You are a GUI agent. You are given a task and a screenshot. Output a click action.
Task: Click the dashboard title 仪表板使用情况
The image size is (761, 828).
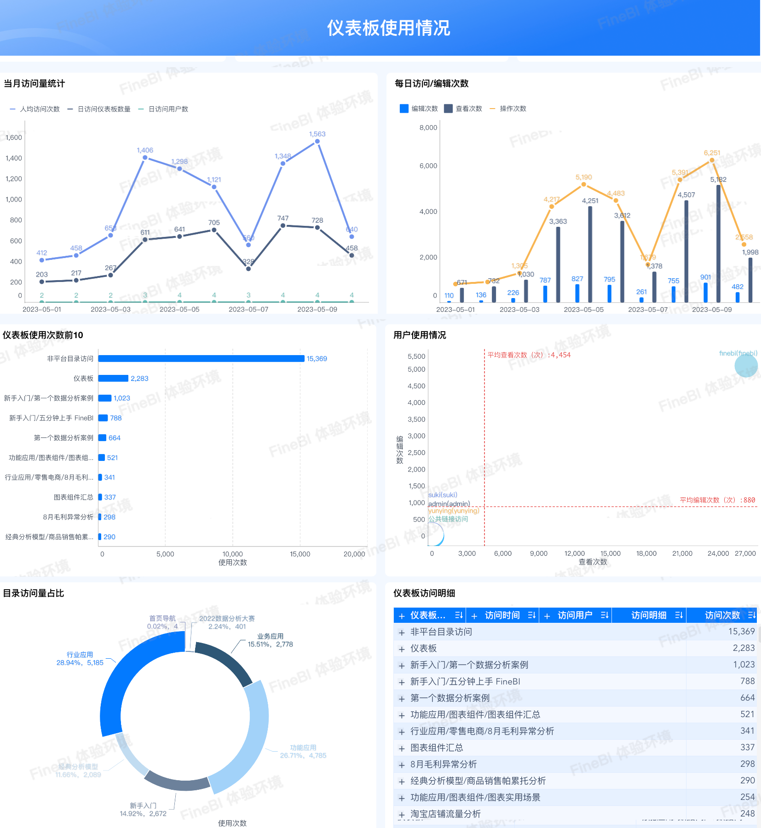(388, 28)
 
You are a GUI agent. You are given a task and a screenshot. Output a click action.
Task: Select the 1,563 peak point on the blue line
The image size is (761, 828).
(317, 142)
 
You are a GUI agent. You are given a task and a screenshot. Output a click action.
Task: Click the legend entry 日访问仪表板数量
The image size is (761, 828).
(104, 109)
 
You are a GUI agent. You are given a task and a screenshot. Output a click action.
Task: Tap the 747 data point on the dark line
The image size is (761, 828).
(283, 225)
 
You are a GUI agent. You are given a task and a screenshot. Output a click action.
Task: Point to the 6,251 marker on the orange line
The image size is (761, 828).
(712, 161)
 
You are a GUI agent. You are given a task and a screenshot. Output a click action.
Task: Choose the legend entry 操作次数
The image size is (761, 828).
(513, 109)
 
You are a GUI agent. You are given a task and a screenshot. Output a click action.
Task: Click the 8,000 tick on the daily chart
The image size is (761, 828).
(428, 127)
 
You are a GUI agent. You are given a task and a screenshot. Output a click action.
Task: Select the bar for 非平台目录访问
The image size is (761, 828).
(201, 358)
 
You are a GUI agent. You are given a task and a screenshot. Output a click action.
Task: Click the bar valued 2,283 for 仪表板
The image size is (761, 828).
(113, 378)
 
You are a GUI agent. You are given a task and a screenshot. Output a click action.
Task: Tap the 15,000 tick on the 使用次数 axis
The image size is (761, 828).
(300, 554)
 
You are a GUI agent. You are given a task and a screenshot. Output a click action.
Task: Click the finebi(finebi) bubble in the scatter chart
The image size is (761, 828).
(746, 366)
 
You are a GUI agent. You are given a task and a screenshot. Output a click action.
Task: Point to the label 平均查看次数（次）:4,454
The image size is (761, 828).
(529, 355)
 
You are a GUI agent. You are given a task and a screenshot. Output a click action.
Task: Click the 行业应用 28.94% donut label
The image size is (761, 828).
(80, 659)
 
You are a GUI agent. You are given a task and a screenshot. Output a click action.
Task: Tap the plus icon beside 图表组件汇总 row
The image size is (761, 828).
(402, 748)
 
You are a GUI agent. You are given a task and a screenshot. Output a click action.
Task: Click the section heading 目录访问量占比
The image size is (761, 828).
(34, 593)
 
